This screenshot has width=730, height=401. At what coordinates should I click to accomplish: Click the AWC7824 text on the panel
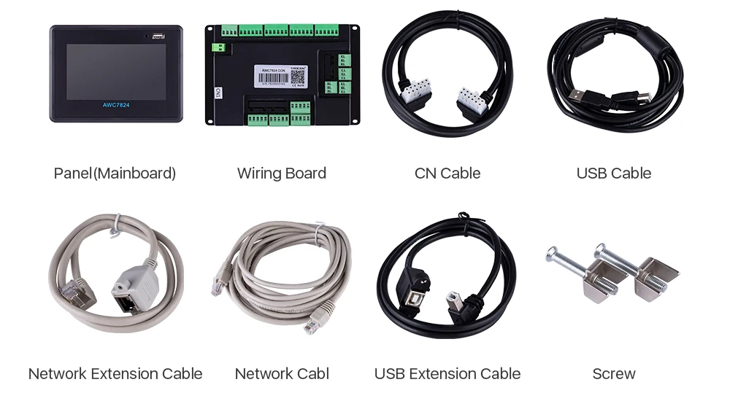[115, 106]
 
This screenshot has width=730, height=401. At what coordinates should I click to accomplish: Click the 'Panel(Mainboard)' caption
[115, 174]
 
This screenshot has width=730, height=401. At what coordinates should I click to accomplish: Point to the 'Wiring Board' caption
[282, 174]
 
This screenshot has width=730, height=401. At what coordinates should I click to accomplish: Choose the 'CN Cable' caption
[447, 174]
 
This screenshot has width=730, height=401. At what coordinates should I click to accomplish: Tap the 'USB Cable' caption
[614, 174]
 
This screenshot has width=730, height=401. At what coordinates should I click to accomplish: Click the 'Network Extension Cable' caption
[115, 374]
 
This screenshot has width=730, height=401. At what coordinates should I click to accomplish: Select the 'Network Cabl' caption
[282, 374]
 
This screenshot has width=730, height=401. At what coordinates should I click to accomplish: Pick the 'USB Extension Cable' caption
[447, 374]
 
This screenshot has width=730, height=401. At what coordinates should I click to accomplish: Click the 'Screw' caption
[614, 374]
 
